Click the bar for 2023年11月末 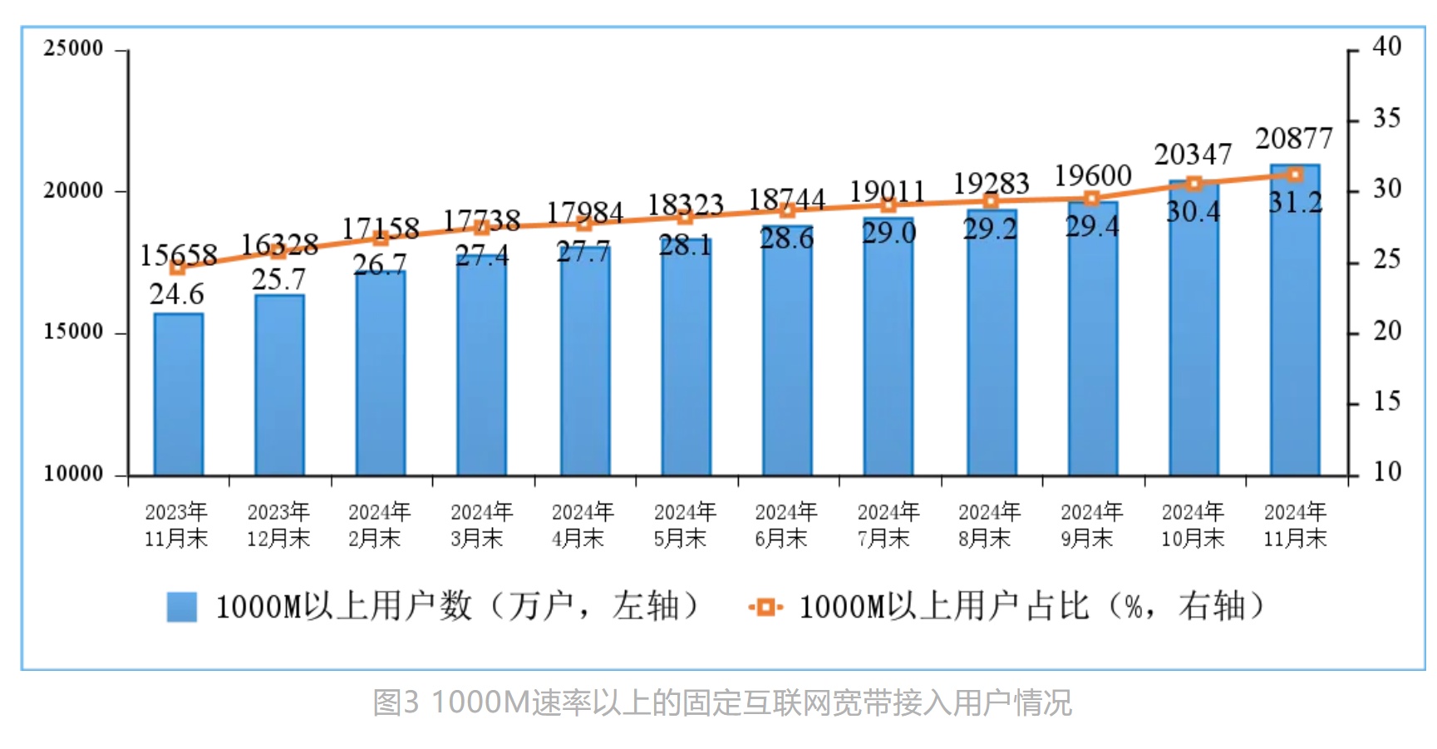coord(178,394)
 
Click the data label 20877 coord(1293,138)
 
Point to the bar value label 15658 coord(178,255)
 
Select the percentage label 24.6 coord(177,294)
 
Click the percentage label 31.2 coord(1295,202)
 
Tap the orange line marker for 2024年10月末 coord(1193,184)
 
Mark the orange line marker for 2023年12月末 coord(279,251)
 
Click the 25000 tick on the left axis coord(73,48)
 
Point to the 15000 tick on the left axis coord(73,332)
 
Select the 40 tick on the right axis coord(1386,47)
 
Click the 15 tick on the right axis coord(1386,402)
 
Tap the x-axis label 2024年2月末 coord(379,525)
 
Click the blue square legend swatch coord(182,607)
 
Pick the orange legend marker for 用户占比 coord(765,608)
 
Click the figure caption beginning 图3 coord(721,702)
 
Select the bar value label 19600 coord(1092,175)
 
